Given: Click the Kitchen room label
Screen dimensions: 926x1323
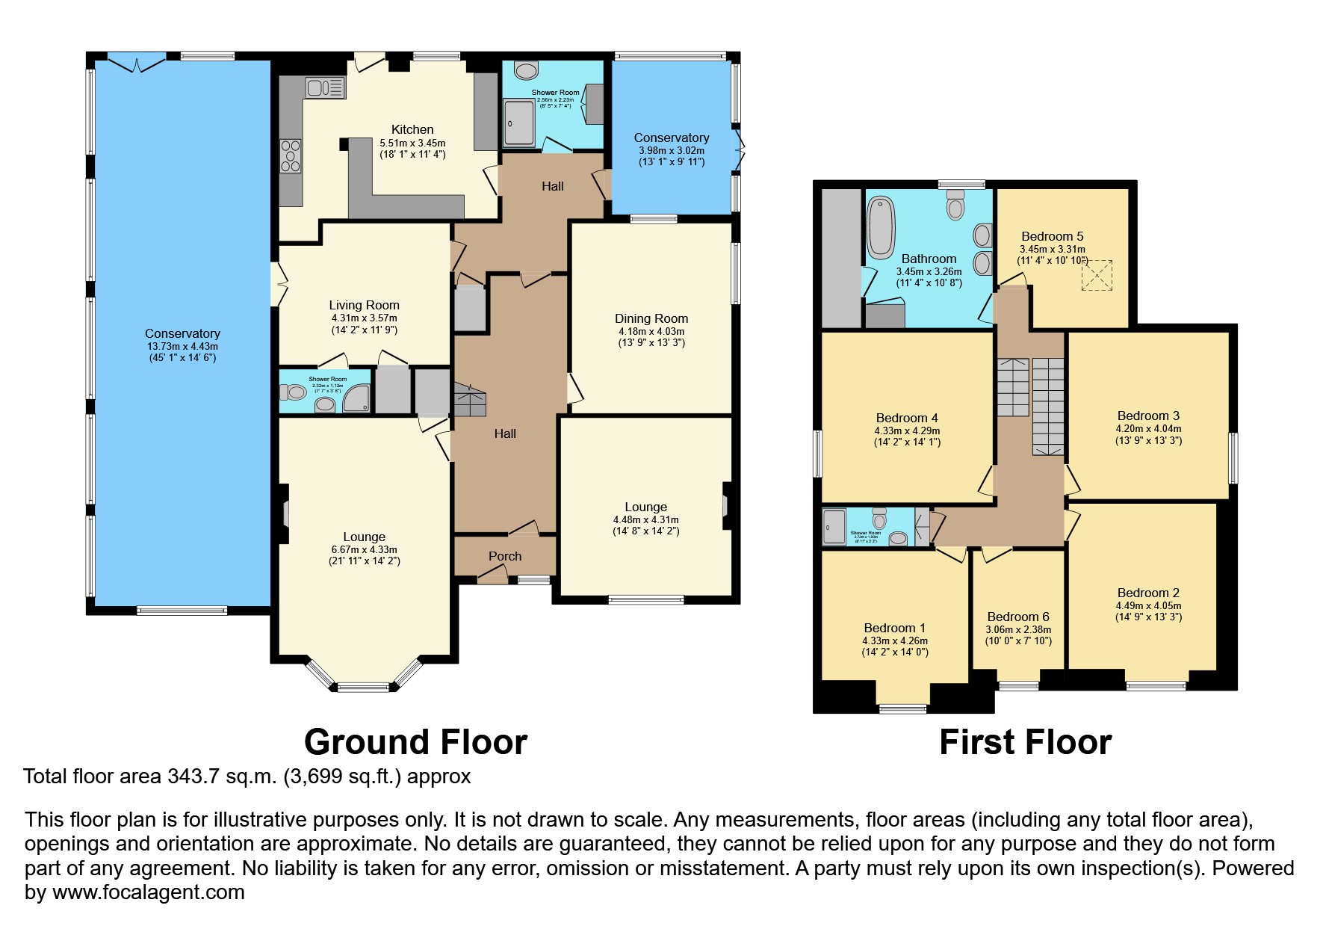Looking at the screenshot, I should [412, 129].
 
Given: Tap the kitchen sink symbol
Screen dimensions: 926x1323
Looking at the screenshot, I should [325, 88].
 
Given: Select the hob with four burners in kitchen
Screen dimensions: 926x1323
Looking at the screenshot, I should [290, 155].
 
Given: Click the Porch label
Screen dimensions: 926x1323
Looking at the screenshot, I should [505, 556].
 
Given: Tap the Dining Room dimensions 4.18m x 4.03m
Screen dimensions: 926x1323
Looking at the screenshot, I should [651, 331].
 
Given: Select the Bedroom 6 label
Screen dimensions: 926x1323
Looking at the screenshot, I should [1017, 617].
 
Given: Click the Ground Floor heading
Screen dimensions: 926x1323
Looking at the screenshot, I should [415, 742].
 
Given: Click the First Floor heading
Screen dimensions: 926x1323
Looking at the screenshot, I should [1024, 742].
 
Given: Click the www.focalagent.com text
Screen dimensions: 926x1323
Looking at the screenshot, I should [148, 892].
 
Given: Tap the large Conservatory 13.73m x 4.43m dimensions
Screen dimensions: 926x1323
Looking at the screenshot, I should [182, 346].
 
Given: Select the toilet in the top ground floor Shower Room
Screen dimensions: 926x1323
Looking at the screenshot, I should [527, 71].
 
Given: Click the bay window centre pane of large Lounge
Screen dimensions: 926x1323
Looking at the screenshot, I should [363, 687].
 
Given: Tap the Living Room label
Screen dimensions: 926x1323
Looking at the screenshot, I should [364, 305].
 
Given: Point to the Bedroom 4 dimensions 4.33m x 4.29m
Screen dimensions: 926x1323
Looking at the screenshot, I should [906, 430].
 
